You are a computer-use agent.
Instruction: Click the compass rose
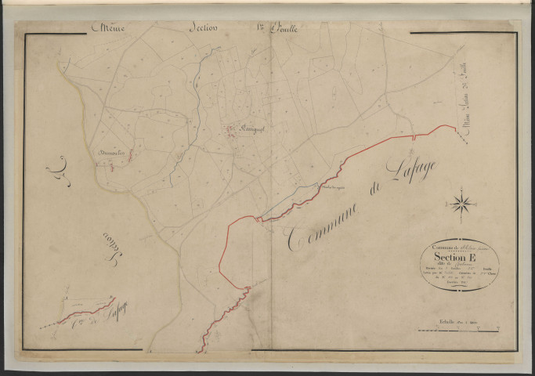[x=461, y=205]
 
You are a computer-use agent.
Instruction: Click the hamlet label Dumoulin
[x=110, y=152]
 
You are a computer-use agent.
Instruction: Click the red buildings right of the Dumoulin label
[x=130, y=156]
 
